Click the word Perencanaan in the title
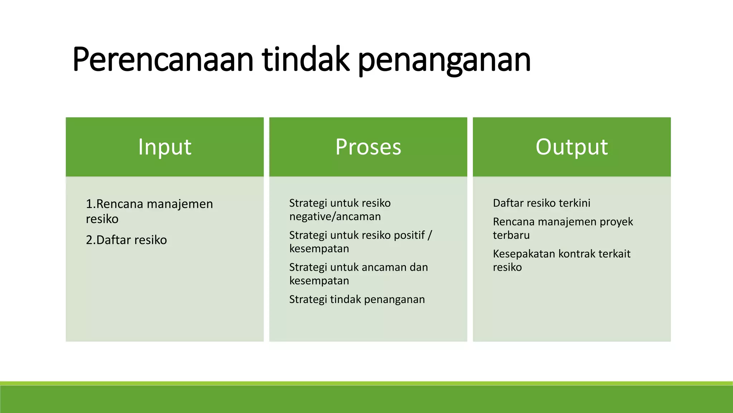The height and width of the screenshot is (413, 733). tap(163, 59)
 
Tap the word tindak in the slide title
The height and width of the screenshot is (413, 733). tap(305, 59)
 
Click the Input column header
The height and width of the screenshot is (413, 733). tap(165, 147)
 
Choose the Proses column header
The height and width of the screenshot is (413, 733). tap(368, 147)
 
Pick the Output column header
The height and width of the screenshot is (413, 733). tap(572, 147)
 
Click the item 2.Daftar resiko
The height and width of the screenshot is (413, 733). tap(126, 240)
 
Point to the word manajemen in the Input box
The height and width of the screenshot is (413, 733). tap(180, 204)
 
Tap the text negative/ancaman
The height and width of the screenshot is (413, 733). tap(335, 217)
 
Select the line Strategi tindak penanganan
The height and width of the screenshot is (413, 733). tap(357, 299)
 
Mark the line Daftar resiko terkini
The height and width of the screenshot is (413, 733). tap(542, 203)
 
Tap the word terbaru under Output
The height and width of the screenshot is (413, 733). tap(511, 235)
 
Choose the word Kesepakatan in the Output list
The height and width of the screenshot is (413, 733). tap(524, 254)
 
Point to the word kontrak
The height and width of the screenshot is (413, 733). tap(577, 254)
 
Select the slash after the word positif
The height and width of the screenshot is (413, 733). tap(430, 235)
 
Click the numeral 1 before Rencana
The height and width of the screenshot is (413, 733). tap(89, 204)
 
